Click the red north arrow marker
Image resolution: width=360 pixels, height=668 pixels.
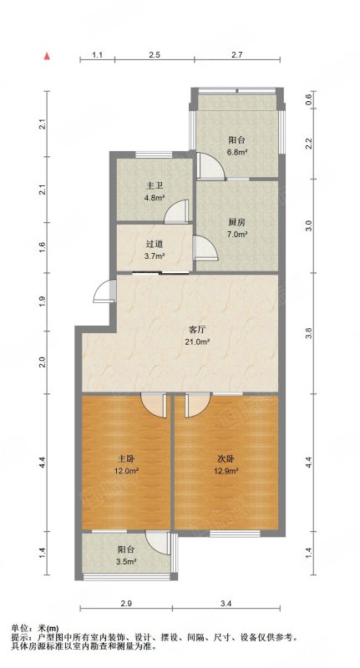pos(48,56)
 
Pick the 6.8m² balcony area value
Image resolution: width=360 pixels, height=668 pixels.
pos(237,151)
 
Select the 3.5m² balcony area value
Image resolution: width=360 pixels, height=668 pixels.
pos(126,561)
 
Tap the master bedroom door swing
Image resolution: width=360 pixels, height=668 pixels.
pos(152,405)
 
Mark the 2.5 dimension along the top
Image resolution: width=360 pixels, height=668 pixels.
pos(155,54)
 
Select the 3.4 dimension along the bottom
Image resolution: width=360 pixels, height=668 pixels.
pos(226,603)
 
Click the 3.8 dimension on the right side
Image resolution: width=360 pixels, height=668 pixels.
pos(309,332)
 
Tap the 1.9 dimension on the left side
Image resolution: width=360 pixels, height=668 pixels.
pos(42,301)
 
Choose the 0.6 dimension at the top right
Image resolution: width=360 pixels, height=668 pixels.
pos(309,99)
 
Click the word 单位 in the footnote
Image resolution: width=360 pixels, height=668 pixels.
pos(19,628)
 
